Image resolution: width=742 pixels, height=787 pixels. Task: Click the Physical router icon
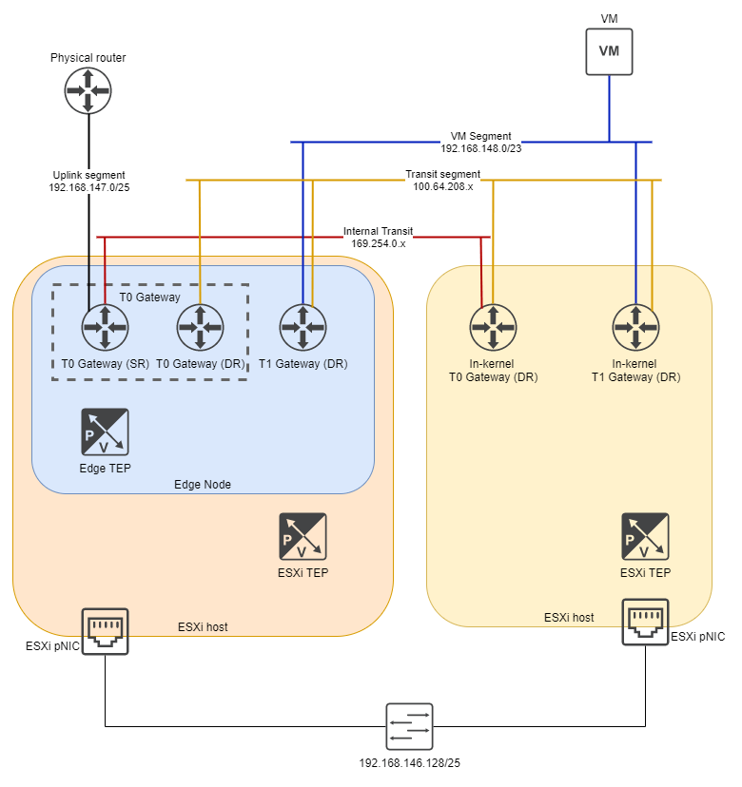pos(88,90)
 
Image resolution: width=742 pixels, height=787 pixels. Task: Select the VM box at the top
pos(609,50)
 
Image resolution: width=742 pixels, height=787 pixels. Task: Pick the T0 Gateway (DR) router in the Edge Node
pos(200,328)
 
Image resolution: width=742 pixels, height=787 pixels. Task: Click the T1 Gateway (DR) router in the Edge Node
pos(303,328)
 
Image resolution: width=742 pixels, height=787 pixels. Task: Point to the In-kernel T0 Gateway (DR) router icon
pos(493,328)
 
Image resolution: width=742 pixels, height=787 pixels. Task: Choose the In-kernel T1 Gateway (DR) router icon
pos(635,328)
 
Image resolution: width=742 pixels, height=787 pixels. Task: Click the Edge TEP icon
pos(105,432)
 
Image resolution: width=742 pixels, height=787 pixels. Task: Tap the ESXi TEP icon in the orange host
pos(303,537)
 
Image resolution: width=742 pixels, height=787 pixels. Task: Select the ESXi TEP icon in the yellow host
pos(645,537)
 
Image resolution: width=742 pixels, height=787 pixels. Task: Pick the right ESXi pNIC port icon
pos(645,622)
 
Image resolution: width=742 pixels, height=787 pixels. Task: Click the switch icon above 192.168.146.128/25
pos(410,727)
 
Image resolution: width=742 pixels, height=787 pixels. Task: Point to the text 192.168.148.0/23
pos(480,149)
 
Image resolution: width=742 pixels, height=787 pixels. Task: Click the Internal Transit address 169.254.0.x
pos(379,244)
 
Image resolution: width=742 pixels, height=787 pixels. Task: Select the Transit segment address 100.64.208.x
pos(442,187)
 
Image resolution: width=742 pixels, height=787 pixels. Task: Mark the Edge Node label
pos(203,485)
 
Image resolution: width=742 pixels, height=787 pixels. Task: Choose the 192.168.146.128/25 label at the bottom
pos(410,763)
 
